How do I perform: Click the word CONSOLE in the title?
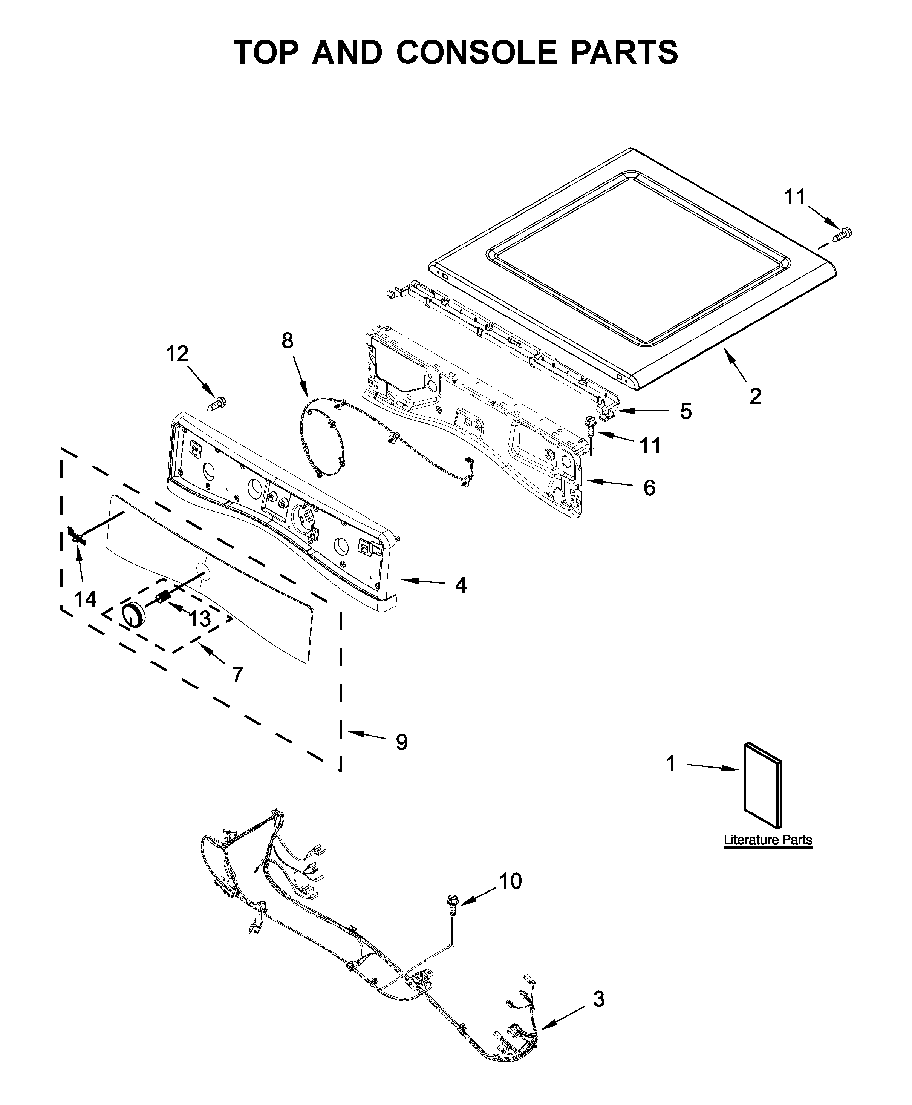click(476, 52)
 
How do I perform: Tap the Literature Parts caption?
click(768, 840)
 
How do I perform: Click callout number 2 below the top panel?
click(755, 396)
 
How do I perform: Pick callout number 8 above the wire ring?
click(288, 341)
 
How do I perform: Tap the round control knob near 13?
click(133, 615)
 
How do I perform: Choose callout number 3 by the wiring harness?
click(599, 999)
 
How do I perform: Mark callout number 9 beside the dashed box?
click(401, 742)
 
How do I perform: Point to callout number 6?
click(649, 488)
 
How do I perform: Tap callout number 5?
click(686, 411)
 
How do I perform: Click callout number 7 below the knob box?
click(237, 674)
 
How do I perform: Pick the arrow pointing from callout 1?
click(712, 767)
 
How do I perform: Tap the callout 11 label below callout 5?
click(650, 446)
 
